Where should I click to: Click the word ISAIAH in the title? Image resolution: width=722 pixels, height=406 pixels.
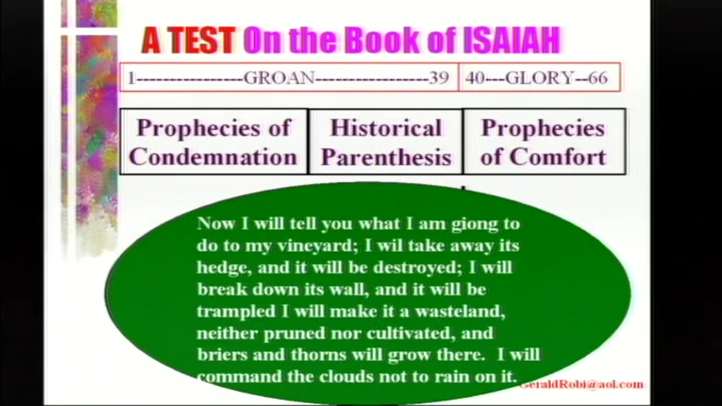coord(512,40)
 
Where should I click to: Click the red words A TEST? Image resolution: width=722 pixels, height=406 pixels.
coord(189,41)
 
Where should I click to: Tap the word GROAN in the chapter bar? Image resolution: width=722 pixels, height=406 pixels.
coord(279,78)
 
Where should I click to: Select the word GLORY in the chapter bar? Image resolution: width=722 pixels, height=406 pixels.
coord(540,78)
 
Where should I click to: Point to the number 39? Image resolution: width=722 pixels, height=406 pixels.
coord(439,78)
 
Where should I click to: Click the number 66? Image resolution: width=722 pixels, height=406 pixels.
coord(598,78)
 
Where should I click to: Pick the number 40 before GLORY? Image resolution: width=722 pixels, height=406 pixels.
coord(475,78)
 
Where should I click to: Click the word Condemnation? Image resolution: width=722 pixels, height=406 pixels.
coord(213,157)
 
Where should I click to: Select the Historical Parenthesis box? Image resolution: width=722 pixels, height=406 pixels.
coord(386,142)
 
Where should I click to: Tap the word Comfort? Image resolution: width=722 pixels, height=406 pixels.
coord(558,157)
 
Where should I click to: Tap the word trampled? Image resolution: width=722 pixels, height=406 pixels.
coord(236,312)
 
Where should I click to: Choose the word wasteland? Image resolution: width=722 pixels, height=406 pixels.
coord(460,312)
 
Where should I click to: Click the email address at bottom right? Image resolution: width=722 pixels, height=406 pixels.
coord(581,384)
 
